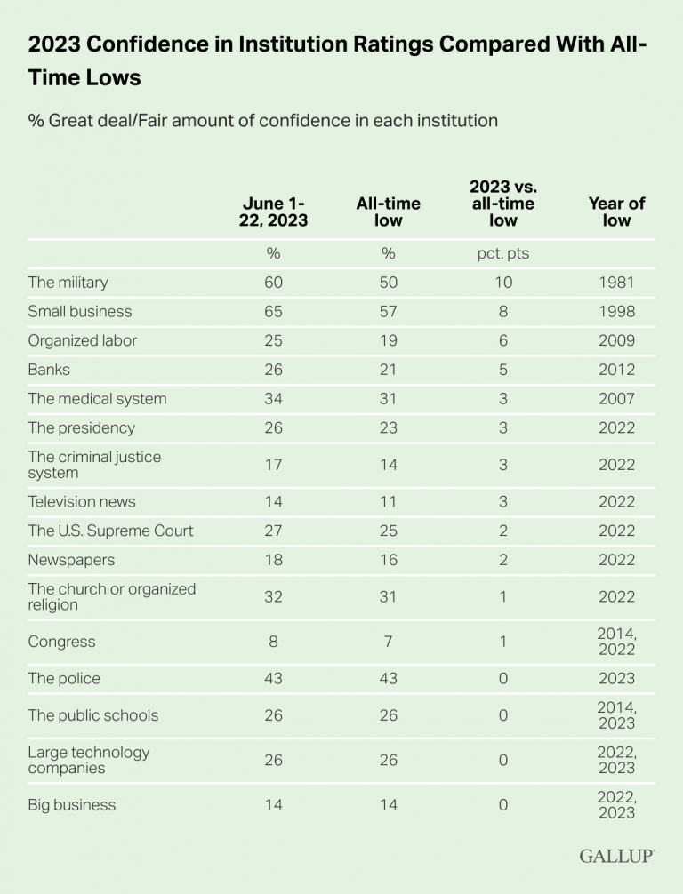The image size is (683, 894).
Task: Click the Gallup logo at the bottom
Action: click(x=617, y=856)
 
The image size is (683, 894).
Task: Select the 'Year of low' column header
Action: click(x=616, y=212)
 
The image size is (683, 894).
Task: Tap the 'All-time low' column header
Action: click(x=389, y=212)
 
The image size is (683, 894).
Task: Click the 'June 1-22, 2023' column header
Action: click(x=273, y=212)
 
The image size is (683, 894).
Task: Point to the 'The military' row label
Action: click(x=68, y=283)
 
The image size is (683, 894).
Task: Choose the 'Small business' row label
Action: click(x=80, y=312)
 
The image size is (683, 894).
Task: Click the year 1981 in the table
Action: click(x=616, y=283)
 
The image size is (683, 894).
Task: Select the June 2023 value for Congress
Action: click(x=273, y=642)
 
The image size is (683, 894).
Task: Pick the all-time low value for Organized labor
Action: click(x=389, y=341)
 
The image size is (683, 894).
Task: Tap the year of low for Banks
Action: click(x=616, y=370)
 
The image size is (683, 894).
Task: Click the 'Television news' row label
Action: click(x=82, y=502)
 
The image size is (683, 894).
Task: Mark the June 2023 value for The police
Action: click(x=273, y=679)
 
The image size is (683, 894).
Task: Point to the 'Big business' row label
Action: click(x=72, y=805)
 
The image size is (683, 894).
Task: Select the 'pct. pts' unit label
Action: click(x=503, y=253)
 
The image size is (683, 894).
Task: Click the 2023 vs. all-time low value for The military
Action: click(x=503, y=283)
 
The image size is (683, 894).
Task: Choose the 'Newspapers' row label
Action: click(x=71, y=560)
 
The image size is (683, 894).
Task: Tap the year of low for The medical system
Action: click(x=616, y=399)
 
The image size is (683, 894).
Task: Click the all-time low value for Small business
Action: click(x=389, y=312)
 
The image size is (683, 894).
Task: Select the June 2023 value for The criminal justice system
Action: click(x=273, y=465)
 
